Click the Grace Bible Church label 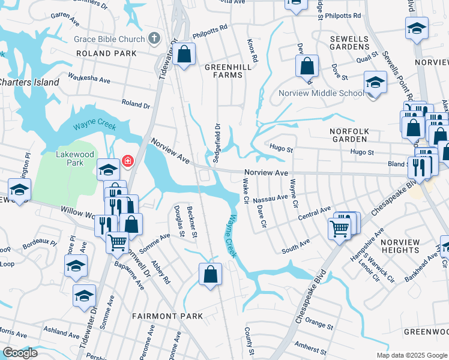click(x=109, y=40)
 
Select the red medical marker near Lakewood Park click(x=127, y=161)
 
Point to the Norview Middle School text click(x=321, y=93)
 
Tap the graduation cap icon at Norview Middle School click(x=375, y=83)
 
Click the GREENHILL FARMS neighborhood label click(x=224, y=71)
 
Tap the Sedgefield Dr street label click(x=217, y=143)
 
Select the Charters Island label click(x=29, y=82)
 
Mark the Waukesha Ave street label click(x=89, y=80)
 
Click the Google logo click(x=20, y=353)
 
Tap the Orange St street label click(x=319, y=326)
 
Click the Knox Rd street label click(x=253, y=52)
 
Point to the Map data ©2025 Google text click(x=411, y=355)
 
